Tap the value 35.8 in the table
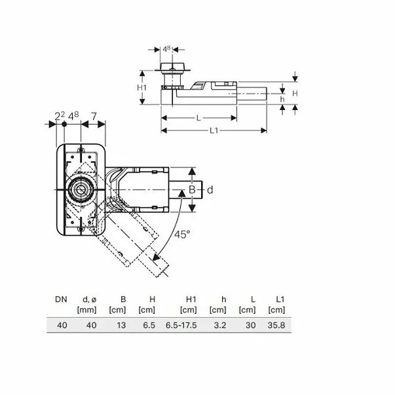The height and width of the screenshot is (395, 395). (x=276, y=324)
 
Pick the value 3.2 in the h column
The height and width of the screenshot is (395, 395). (x=221, y=324)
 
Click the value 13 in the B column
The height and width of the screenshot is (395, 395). (x=121, y=324)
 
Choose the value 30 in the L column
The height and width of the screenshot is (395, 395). (x=250, y=324)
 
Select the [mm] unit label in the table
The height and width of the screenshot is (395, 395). (x=88, y=309)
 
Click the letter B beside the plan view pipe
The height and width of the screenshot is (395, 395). (x=193, y=189)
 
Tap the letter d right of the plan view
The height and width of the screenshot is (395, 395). (x=210, y=189)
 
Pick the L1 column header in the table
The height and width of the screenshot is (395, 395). (x=280, y=299)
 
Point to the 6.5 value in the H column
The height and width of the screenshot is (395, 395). (x=150, y=324)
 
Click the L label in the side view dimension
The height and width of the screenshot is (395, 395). (x=197, y=117)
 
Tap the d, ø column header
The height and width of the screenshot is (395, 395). (x=88, y=299)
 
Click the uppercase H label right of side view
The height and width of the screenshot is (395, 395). (x=295, y=94)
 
